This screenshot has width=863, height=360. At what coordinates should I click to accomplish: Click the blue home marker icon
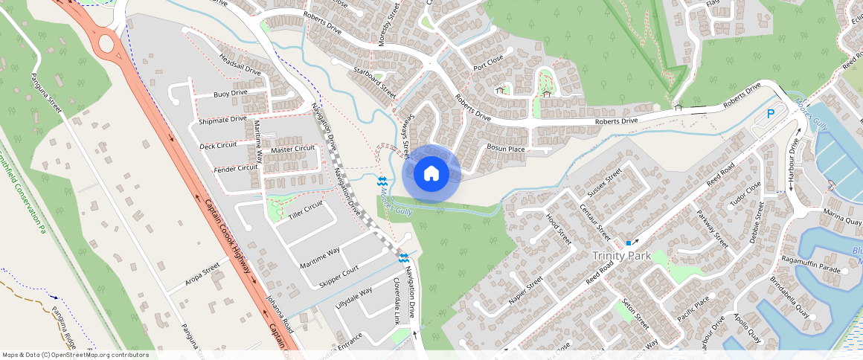[431, 174]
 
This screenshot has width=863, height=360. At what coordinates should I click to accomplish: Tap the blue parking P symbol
[771, 115]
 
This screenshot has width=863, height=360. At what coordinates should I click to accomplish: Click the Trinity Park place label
[621, 256]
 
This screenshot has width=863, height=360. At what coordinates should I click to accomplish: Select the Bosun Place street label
[506, 149]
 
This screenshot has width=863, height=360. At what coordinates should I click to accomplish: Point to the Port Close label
[488, 62]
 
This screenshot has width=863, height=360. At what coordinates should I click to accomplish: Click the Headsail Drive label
[240, 63]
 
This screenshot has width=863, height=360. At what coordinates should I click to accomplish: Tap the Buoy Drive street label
[230, 94]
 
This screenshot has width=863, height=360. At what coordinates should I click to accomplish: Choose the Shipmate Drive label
[222, 120]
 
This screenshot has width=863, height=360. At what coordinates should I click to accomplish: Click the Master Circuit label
[292, 149]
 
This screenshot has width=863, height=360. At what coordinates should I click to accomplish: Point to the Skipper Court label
[339, 276]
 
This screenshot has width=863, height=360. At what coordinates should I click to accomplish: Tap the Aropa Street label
[202, 274]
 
